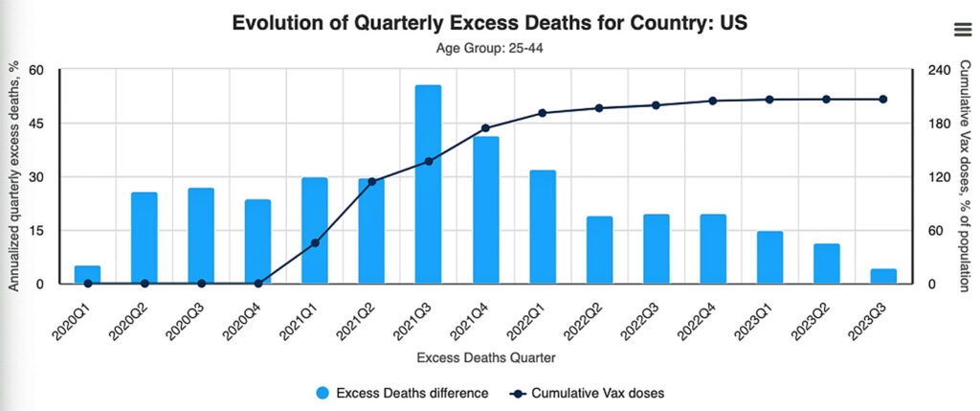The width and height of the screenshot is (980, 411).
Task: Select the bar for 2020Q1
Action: (87, 275)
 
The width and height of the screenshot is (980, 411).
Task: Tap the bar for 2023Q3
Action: (883, 277)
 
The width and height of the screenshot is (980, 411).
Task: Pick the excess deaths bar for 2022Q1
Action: (542, 227)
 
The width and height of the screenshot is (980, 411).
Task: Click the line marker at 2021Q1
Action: (315, 243)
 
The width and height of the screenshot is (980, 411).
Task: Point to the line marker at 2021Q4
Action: (485, 128)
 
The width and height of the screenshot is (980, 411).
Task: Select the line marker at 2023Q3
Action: (883, 100)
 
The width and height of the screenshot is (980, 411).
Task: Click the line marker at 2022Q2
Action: (599, 108)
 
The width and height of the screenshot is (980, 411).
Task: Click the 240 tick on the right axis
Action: (940, 70)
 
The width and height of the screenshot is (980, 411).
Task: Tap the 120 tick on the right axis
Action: (940, 177)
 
